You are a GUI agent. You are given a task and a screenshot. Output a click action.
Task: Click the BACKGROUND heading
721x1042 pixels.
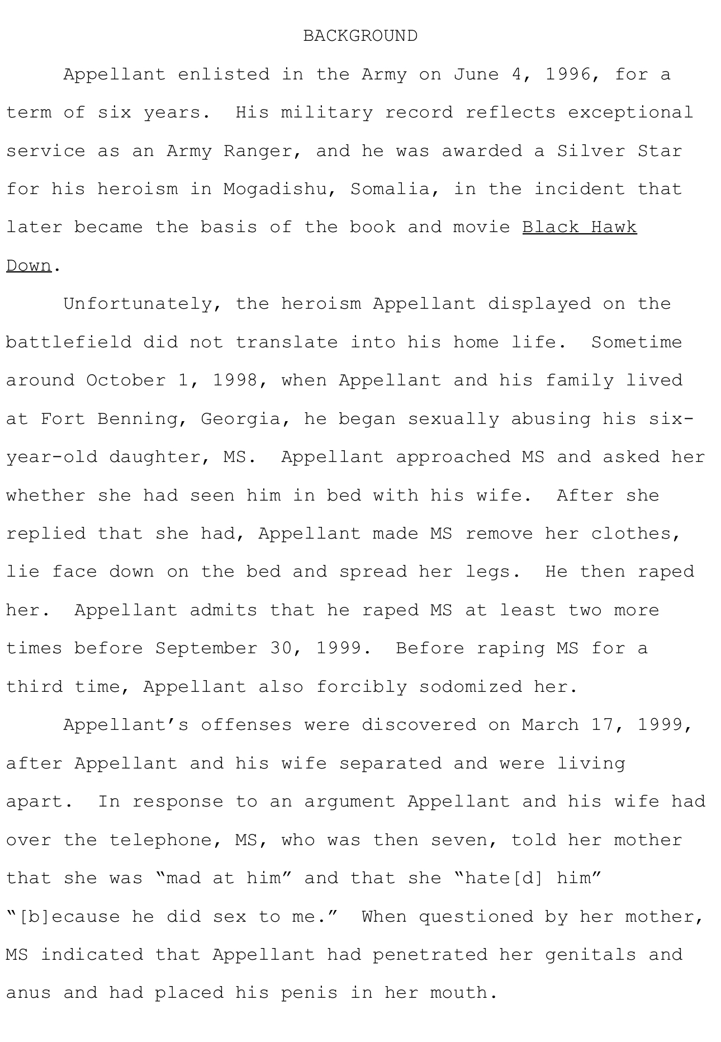click(x=360, y=36)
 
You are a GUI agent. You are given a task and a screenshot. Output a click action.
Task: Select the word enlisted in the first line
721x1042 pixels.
click(x=224, y=74)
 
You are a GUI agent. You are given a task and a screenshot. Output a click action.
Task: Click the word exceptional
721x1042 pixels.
click(x=630, y=112)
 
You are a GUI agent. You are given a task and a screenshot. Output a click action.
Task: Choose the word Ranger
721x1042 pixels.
click(x=258, y=151)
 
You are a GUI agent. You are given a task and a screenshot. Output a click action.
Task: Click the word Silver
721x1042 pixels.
click(x=591, y=151)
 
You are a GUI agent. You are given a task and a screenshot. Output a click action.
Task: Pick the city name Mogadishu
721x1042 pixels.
click(x=275, y=189)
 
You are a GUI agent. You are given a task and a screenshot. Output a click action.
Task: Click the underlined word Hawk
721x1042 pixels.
click(x=614, y=227)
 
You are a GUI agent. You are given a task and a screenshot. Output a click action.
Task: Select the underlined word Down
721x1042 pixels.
click(x=29, y=266)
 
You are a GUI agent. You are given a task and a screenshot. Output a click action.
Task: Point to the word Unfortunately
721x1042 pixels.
click(x=143, y=304)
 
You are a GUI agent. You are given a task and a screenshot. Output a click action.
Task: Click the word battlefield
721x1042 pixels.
click(x=69, y=342)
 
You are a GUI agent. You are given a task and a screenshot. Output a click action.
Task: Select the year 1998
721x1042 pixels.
click(x=235, y=380)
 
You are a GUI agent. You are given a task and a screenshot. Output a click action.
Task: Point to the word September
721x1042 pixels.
click(x=206, y=648)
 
